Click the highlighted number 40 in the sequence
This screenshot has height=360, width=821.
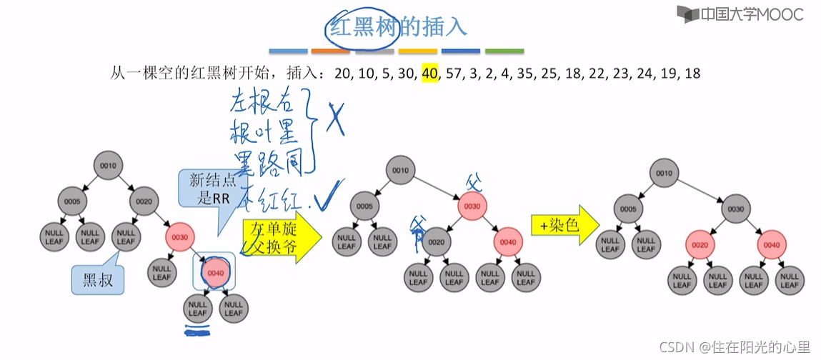(x=429, y=74)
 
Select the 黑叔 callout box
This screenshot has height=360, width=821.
(x=97, y=279)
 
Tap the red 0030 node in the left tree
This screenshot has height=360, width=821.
(x=179, y=236)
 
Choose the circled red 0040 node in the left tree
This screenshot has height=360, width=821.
(x=215, y=272)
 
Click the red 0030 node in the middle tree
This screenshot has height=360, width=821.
(x=472, y=207)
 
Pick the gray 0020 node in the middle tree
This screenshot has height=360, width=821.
(x=436, y=242)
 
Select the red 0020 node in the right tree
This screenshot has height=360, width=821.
(x=700, y=244)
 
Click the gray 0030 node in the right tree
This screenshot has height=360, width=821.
(x=736, y=209)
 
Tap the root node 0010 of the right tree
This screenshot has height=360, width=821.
(x=665, y=174)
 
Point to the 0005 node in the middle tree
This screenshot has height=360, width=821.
(x=364, y=207)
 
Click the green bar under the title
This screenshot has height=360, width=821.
(x=504, y=51)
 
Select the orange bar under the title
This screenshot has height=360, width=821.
(x=330, y=51)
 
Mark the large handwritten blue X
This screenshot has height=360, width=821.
(x=334, y=118)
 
